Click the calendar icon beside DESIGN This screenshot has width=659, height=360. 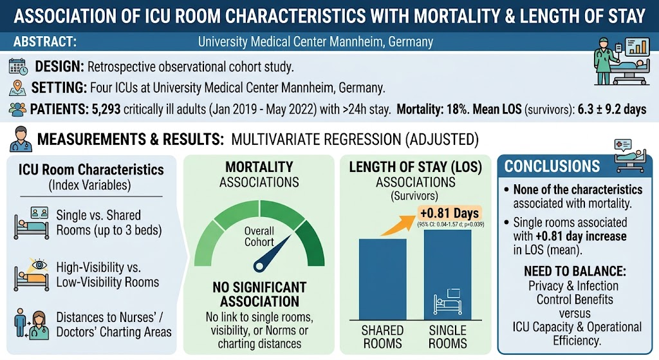[17, 67]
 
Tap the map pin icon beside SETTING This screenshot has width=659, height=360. [17, 88]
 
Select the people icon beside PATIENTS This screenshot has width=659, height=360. [17, 109]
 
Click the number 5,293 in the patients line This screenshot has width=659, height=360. [106, 109]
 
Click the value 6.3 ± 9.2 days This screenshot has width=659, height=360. [611, 109]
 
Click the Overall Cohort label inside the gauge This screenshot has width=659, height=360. [259, 236]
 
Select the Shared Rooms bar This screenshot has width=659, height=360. [382, 279]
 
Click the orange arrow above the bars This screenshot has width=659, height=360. [396, 225]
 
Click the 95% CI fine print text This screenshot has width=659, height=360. [450, 225]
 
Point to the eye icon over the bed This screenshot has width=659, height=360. [39, 265]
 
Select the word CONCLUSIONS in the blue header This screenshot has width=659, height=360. [552, 166]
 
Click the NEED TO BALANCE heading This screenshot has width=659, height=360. [575, 271]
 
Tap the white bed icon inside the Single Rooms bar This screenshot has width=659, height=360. [448, 301]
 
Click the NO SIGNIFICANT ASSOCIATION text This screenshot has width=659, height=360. [259, 294]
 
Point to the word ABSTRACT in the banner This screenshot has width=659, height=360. [45, 42]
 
